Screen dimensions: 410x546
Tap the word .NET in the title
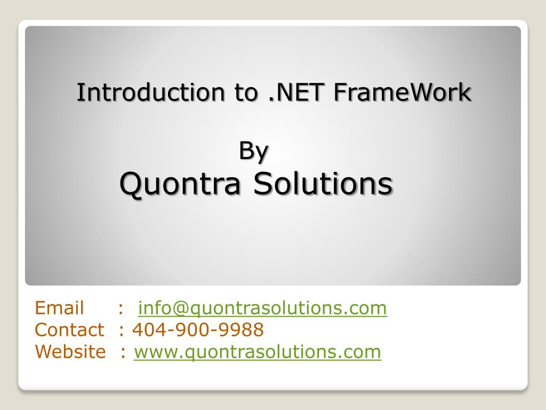click(288, 92)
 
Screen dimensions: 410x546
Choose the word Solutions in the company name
click(322, 184)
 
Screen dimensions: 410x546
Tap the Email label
click(59, 308)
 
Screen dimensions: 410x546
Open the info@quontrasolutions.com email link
click(262, 309)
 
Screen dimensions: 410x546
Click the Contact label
click(69, 330)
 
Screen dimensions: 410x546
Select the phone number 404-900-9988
click(198, 330)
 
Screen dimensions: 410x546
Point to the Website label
click(70, 352)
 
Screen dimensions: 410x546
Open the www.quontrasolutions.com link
click(258, 352)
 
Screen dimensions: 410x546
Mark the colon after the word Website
click(123, 353)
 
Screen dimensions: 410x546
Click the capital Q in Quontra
click(130, 185)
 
